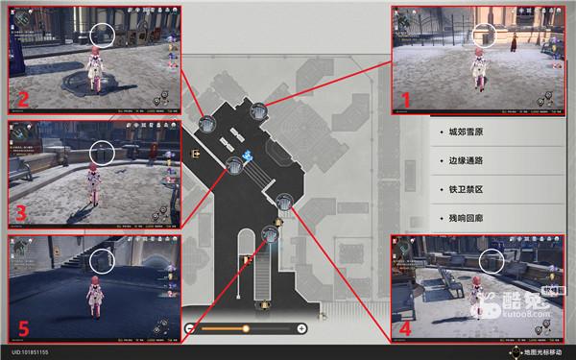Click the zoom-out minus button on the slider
point(190,329)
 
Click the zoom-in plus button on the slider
point(302,329)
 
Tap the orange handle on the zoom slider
point(247,329)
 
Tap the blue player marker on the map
point(248,156)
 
